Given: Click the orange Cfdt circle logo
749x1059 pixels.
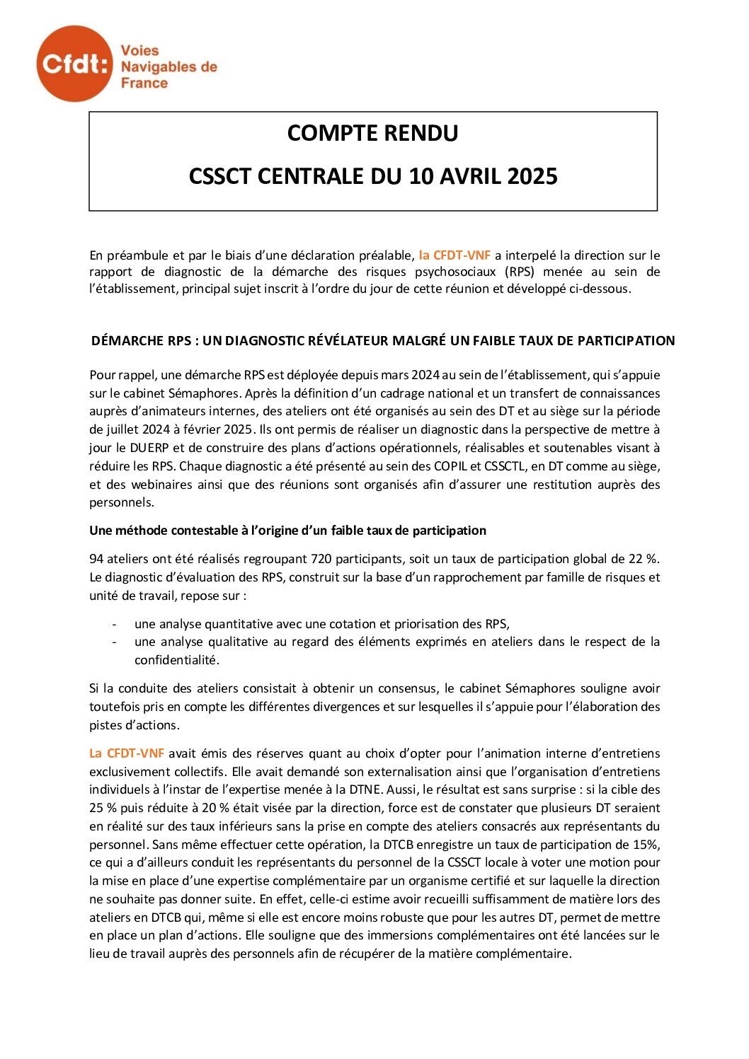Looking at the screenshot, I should coord(74,64).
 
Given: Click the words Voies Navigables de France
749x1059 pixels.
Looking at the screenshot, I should coord(168,66).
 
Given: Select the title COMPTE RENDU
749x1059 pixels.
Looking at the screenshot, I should coord(372,133).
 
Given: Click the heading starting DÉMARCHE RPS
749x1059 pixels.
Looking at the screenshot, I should coord(383,341).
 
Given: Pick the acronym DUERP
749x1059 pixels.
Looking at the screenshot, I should coord(149,448).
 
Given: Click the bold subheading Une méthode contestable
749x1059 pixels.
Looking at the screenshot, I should coord(287,531).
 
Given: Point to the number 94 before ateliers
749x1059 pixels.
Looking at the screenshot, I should coord(96,559).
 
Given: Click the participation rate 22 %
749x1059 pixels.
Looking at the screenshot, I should coord(646,559).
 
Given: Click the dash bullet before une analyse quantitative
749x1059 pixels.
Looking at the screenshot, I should coord(114,624).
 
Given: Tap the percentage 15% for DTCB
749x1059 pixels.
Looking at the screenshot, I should coord(647,845).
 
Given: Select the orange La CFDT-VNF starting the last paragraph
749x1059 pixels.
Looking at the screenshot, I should coord(127,753).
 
